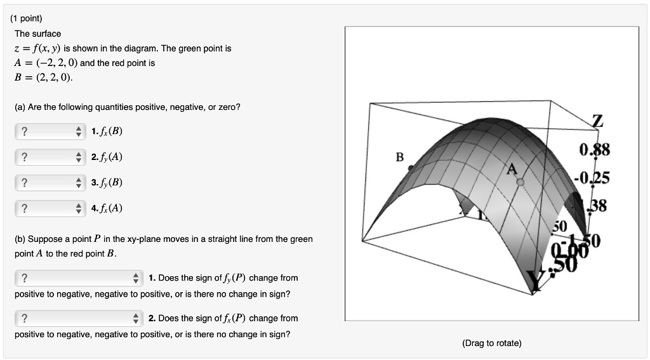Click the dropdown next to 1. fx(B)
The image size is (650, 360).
(50, 131)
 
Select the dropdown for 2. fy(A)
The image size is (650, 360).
(50, 157)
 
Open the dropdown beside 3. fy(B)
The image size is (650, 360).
(50, 183)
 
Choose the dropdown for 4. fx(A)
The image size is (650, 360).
(50, 208)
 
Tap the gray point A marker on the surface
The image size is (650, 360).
(521, 182)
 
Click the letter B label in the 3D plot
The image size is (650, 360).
(400, 157)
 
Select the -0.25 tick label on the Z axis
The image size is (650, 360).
(592, 178)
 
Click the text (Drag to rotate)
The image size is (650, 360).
(492, 343)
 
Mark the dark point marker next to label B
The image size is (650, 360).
(411, 168)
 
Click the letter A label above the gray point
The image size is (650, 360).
(512, 169)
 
